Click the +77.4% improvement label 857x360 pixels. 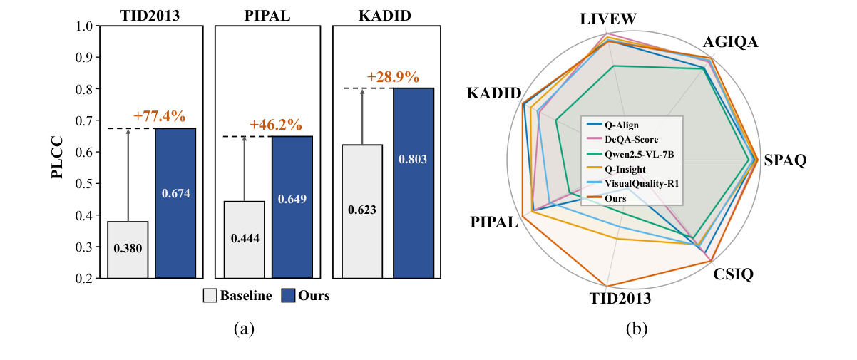coord(159,115)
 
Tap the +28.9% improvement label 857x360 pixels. coord(393,76)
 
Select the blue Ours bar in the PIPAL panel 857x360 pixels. coord(292,207)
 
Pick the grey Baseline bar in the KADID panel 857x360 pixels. coord(362,211)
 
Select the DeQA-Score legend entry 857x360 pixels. coord(630,139)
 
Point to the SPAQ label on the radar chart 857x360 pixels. coord(784,160)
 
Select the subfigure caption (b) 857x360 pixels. coord(636,329)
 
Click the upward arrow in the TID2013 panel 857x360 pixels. coord(128,175)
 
